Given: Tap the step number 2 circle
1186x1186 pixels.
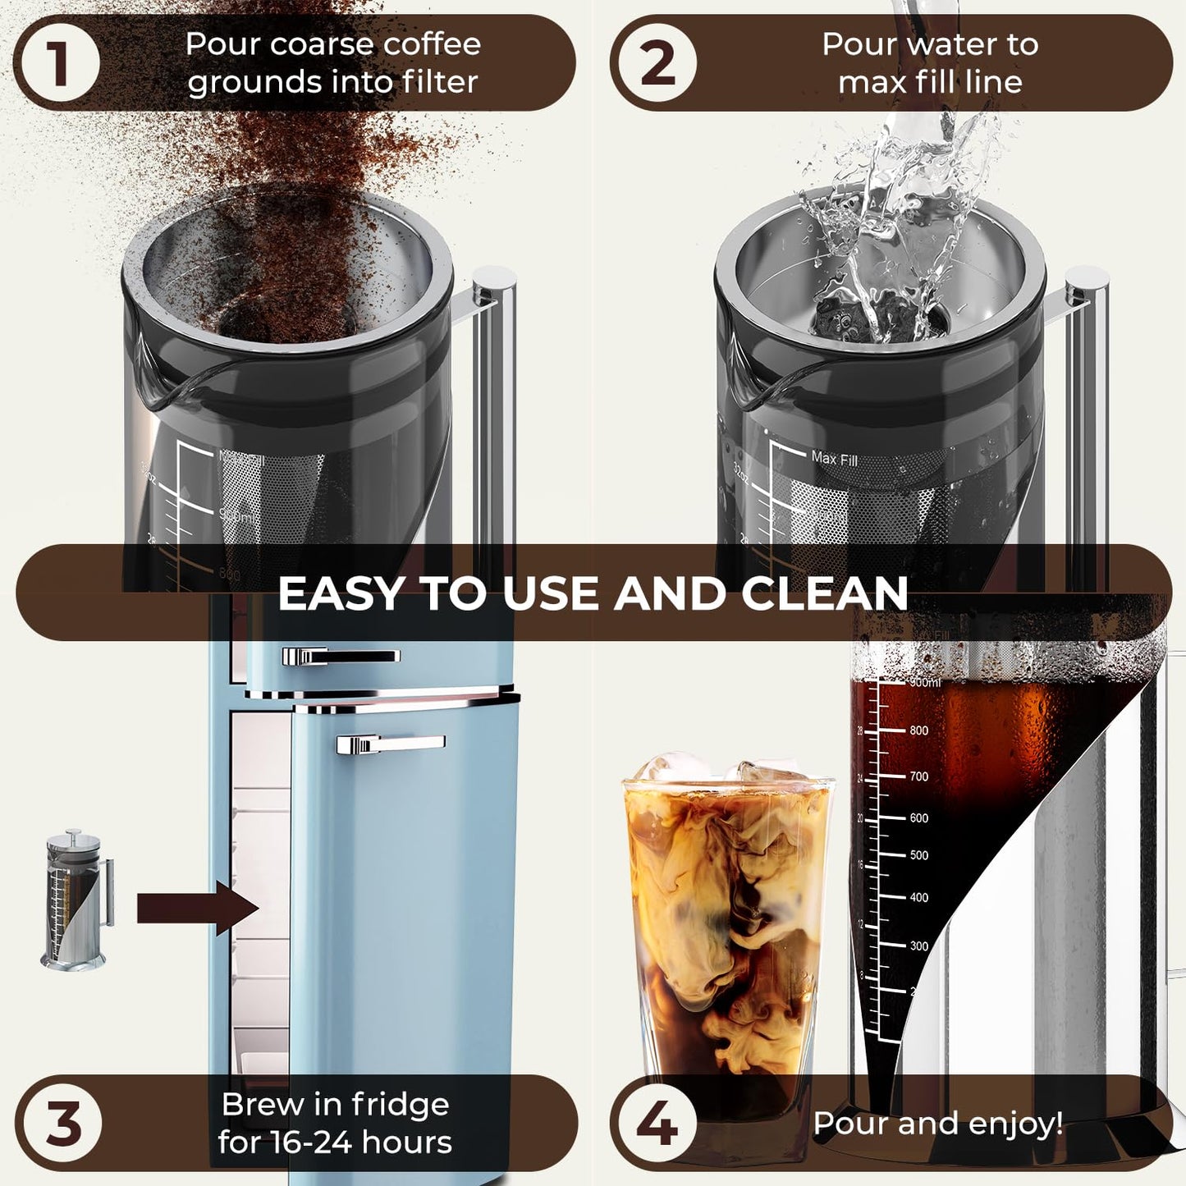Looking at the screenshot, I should pos(657,63).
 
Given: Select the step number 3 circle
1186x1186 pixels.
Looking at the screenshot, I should pos(62,1123).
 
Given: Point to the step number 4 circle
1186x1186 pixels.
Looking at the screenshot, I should pos(657,1123).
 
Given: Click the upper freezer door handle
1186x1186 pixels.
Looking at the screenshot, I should pos(340,656).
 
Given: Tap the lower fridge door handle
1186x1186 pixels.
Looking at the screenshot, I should pos(390,744).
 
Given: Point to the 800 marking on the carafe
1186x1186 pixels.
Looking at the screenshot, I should pos(918,730).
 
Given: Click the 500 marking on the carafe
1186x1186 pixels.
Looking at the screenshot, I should pos(918,855).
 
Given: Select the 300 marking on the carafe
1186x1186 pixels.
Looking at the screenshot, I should pos(918,946).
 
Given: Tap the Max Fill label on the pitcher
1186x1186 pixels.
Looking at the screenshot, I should pos(834,459).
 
